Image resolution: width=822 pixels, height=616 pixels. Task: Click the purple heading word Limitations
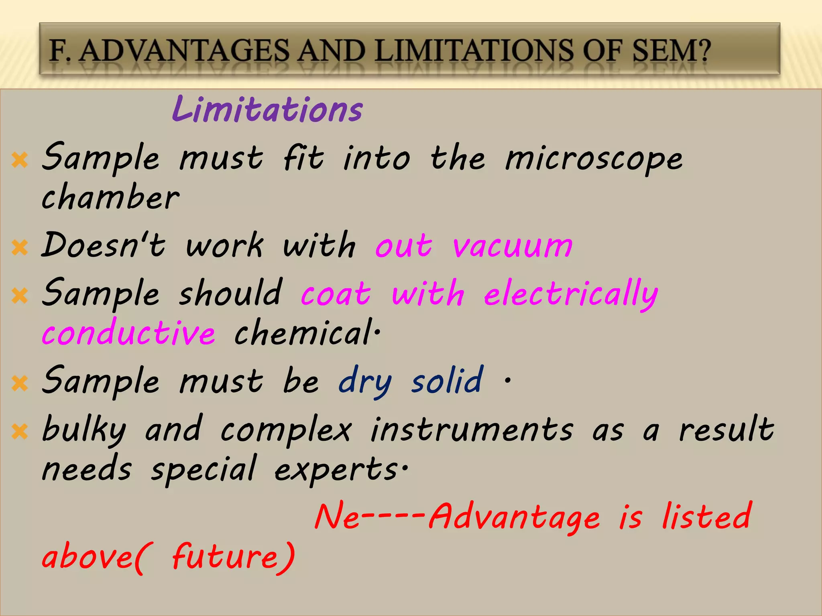click(267, 110)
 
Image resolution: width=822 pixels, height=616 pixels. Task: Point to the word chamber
click(110, 197)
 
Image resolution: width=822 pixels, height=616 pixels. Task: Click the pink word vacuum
click(513, 246)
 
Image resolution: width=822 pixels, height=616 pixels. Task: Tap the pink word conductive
click(128, 333)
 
